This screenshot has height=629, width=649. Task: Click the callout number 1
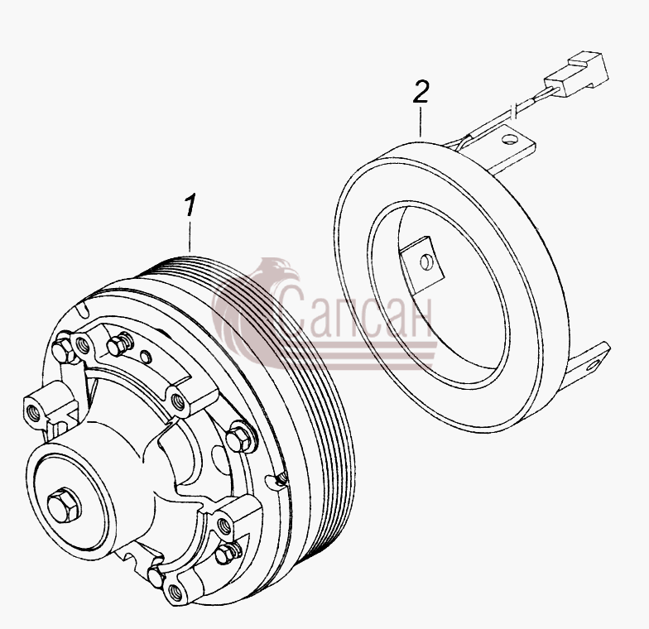pos(190,204)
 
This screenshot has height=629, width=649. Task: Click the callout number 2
pos(421,92)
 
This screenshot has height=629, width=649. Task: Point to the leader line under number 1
pos(190,237)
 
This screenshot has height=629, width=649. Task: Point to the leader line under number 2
pos(421,122)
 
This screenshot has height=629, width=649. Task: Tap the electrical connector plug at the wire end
pos(578,74)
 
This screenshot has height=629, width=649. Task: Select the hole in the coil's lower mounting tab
pos(594,364)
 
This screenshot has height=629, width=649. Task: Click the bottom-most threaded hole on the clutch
pos(173,589)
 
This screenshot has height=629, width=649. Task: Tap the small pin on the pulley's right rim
pos(280,478)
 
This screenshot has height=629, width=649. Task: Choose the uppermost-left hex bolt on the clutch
pos(62,348)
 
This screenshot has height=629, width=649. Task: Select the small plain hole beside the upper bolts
pos(145,355)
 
